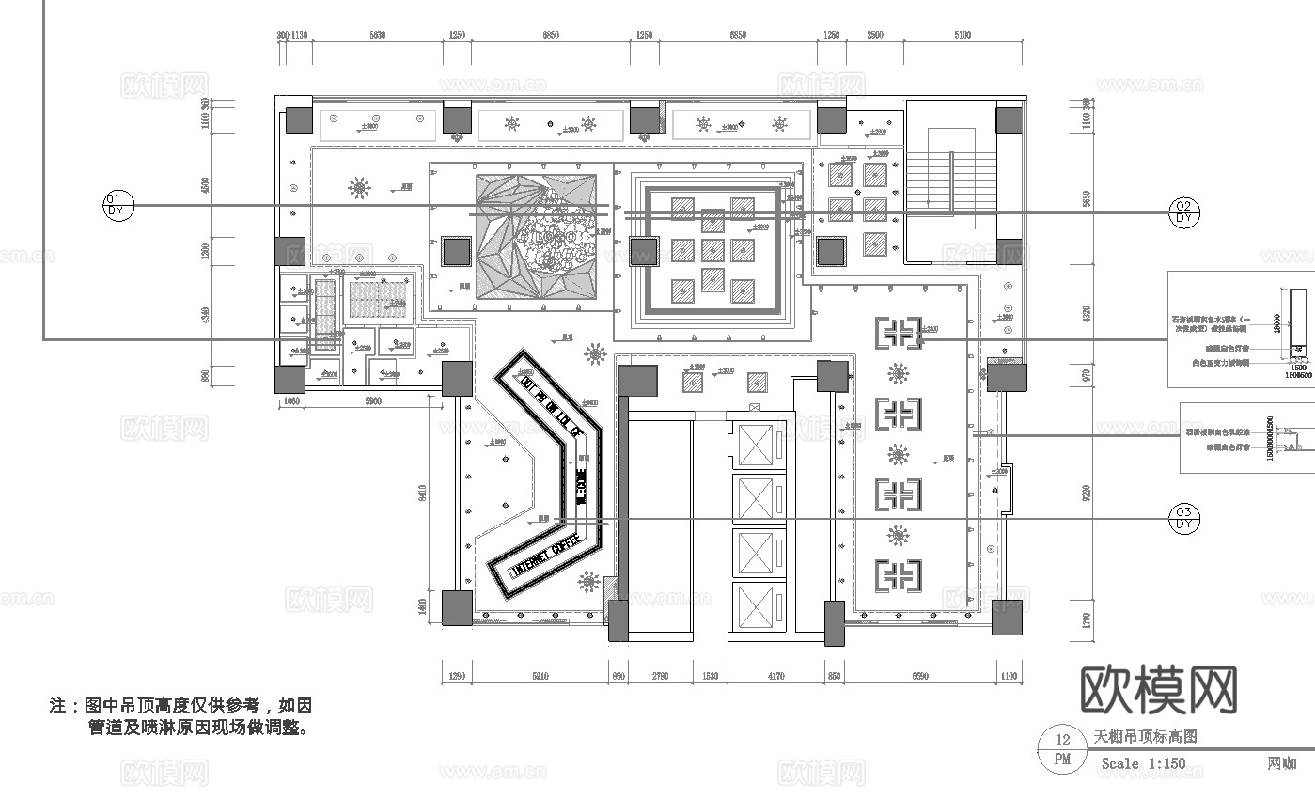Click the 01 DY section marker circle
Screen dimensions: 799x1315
point(117,205)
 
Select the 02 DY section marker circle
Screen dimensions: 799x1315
point(1183,211)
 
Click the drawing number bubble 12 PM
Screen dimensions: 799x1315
point(1062,749)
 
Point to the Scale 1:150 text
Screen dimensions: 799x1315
point(1142,763)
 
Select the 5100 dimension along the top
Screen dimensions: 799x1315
point(963,35)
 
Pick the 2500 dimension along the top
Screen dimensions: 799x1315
point(873,35)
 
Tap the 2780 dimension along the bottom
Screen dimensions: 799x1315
point(660,675)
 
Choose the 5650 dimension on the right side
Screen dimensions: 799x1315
point(1088,199)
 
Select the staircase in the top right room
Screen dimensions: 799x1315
point(950,180)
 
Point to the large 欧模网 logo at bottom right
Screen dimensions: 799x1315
point(1159,691)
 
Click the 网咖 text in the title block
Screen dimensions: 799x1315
point(1281,763)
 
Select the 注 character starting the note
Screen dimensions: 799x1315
point(57,705)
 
